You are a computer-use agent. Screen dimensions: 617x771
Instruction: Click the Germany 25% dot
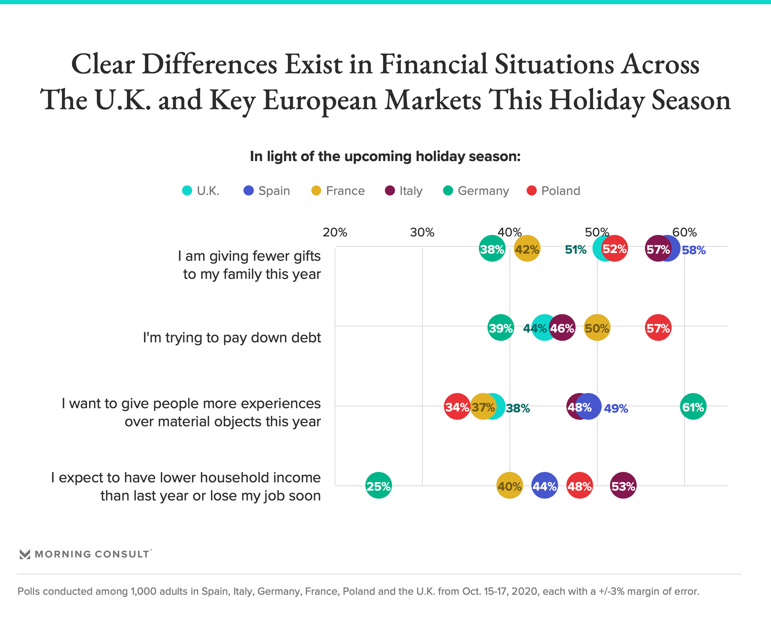(378, 486)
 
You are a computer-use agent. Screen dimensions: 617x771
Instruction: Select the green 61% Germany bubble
(693, 407)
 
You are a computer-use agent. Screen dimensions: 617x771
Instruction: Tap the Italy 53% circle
(623, 486)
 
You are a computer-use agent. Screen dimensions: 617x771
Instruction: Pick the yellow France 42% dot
(527, 249)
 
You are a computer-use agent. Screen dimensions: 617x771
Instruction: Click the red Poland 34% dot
(457, 407)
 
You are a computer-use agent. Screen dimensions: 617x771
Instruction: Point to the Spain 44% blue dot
(544, 486)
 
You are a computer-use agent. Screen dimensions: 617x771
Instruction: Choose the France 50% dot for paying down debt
(597, 328)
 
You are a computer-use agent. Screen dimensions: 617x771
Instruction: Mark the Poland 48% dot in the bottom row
(579, 486)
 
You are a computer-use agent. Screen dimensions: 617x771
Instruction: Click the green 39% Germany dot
(500, 328)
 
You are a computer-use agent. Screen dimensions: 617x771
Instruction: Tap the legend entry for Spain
(267, 191)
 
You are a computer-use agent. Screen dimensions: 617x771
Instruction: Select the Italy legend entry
(403, 191)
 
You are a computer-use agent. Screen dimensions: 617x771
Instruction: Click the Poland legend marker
(532, 191)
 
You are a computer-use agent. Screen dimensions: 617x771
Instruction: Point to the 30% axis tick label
(422, 232)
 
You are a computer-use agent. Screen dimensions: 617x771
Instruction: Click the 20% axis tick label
(335, 232)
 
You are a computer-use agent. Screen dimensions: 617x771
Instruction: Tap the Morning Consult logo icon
(25, 554)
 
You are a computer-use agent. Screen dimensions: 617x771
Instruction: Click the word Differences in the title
(209, 64)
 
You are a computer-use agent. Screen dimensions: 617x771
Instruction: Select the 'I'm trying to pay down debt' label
(232, 337)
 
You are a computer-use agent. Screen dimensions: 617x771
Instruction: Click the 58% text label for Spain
(693, 250)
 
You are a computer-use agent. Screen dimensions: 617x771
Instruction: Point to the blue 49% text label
(616, 409)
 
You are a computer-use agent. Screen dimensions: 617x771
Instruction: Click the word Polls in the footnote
(30, 591)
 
